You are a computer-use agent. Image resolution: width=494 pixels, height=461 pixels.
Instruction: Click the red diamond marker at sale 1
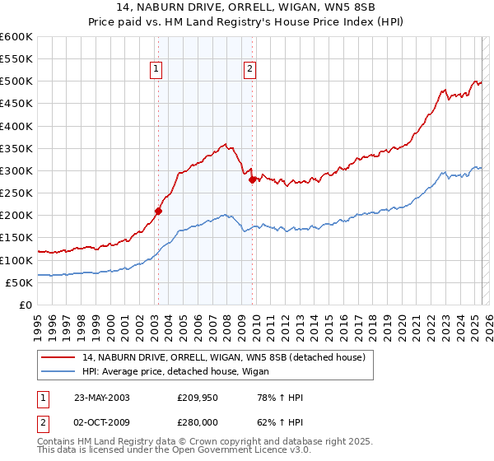[x=158, y=211]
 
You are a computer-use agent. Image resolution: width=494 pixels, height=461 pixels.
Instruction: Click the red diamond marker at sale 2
[x=252, y=179]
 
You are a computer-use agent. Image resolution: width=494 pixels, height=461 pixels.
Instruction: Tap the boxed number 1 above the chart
[x=156, y=70]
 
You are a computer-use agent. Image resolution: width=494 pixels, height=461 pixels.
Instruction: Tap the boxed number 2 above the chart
[x=249, y=70]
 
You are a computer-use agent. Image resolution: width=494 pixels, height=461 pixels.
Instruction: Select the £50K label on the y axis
[x=19, y=282]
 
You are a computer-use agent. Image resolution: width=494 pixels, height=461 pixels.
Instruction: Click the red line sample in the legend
[x=59, y=356]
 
